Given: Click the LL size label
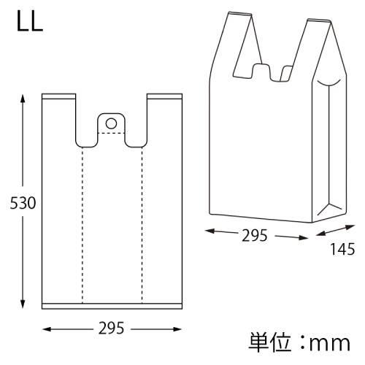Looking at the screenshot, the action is (x=30, y=21).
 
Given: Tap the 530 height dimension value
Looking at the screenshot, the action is (x=23, y=203).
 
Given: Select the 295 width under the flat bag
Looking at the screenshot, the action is (x=111, y=328).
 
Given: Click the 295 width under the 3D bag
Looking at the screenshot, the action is (x=255, y=235).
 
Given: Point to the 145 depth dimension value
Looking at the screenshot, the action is (x=342, y=249).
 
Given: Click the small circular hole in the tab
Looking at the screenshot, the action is (x=111, y=123).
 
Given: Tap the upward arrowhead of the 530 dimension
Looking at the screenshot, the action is (x=23, y=99).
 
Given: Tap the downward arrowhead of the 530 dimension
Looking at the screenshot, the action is (x=23, y=304).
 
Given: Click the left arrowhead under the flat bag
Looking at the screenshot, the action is (x=47, y=329).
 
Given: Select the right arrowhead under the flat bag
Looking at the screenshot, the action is (x=177, y=329).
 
